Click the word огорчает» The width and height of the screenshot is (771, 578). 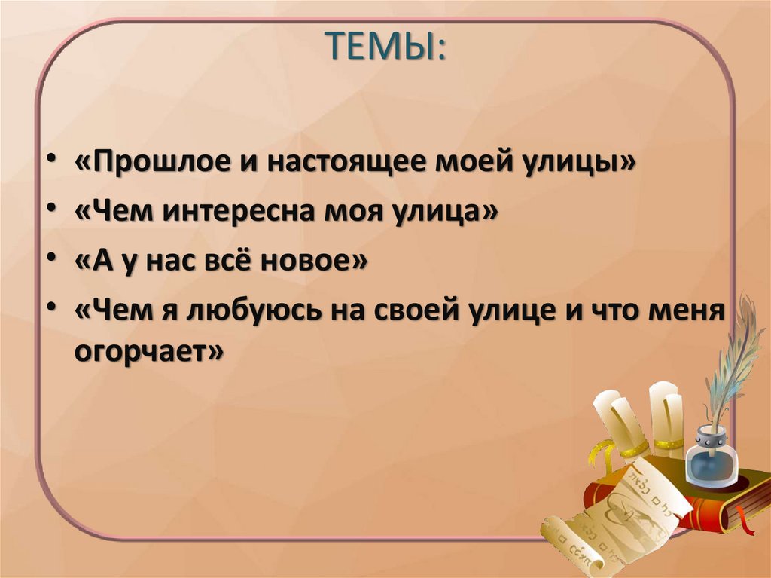[149, 350]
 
